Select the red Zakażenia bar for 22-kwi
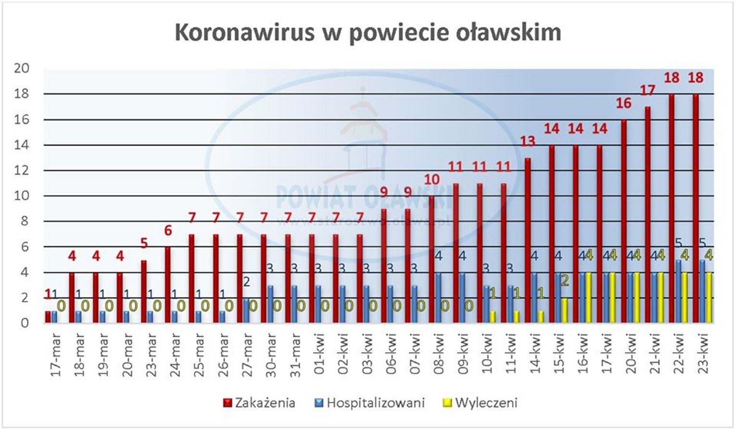pyautogui.click(x=672, y=208)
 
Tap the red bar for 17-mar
pyautogui.click(x=48, y=317)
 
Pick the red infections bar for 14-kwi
pyautogui.click(x=528, y=240)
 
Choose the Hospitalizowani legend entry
pyautogui.click(x=375, y=403)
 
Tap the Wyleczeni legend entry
pyautogui.click(x=486, y=403)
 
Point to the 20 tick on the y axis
pyautogui.click(x=22, y=68)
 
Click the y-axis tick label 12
pyautogui.click(x=22, y=171)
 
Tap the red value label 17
pyautogui.click(x=647, y=90)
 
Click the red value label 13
pyautogui.click(x=528, y=141)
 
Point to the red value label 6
pyautogui.click(x=168, y=231)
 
